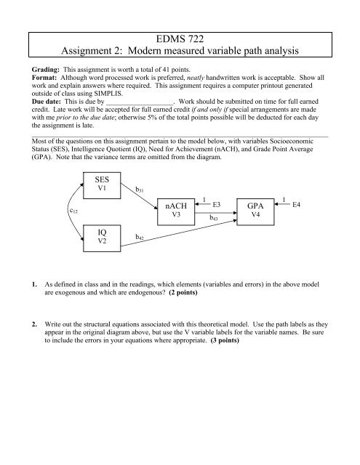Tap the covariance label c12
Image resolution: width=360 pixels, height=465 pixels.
pyautogui.click(x=73, y=210)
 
